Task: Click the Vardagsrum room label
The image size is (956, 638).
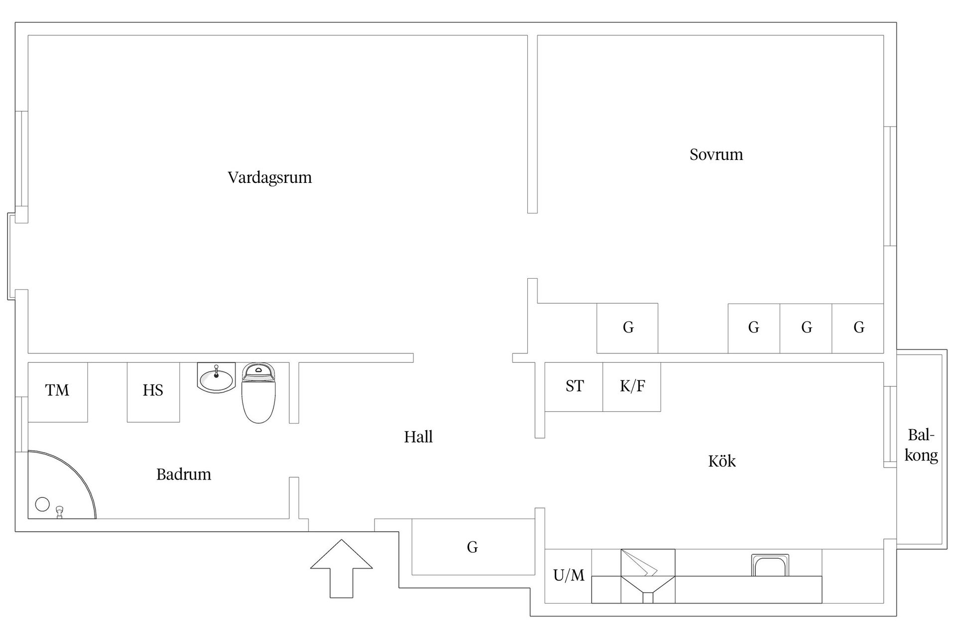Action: (269, 177)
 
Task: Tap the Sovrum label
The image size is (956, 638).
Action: (716, 155)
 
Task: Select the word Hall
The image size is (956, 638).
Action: (418, 437)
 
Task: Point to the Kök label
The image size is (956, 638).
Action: (721, 461)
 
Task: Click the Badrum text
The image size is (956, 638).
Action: (184, 474)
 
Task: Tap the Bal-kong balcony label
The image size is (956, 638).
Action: (921, 445)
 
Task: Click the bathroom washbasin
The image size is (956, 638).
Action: (216, 378)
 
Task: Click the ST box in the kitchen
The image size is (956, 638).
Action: (574, 387)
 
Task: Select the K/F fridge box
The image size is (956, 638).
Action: (632, 387)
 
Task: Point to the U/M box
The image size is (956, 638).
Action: (568, 576)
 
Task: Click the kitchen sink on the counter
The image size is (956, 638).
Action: (770, 566)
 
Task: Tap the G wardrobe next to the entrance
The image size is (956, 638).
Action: (473, 547)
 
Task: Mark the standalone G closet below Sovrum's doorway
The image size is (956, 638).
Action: (627, 328)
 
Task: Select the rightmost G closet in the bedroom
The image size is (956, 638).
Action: (858, 328)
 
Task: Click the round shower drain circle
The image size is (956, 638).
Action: (43, 504)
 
